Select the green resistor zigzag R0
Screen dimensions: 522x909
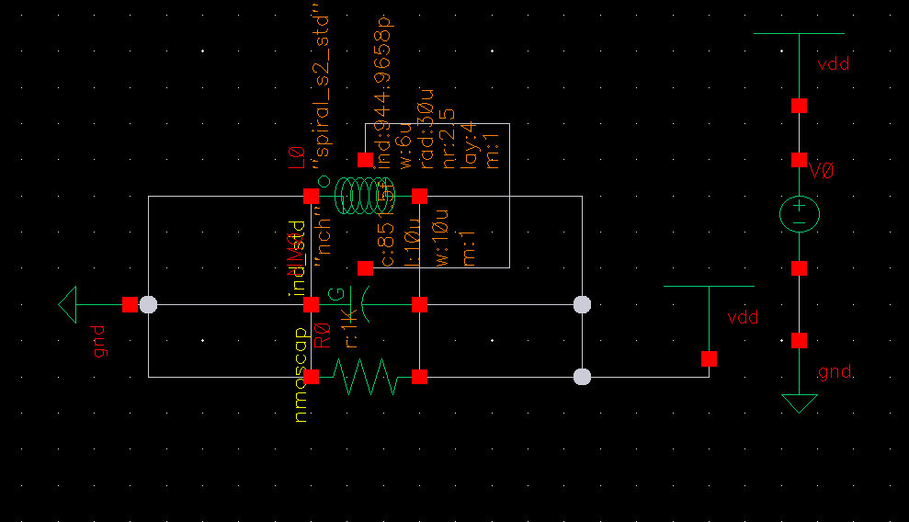pyautogui.click(x=365, y=377)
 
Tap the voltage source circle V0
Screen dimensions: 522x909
pyautogui.click(x=799, y=214)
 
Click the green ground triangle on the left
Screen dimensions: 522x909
pyautogui.click(x=67, y=304)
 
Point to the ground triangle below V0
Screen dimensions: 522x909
pyautogui.click(x=799, y=403)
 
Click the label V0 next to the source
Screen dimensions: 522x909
pyautogui.click(x=822, y=170)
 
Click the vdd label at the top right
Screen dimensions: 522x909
pyautogui.click(x=833, y=64)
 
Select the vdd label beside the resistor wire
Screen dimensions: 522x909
pyautogui.click(x=743, y=318)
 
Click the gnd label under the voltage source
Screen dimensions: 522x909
pyautogui.click(x=835, y=372)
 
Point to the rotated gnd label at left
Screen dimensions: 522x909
pyautogui.click(x=100, y=341)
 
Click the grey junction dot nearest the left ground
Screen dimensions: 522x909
pyautogui.click(x=148, y=304)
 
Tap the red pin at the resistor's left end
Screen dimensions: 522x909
pyautogui.click(x=312, y=376)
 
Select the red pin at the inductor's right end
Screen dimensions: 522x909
pyautogui.click(x=420, y=196)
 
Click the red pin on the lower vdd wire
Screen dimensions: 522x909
pyautogui.click(x=709, y=358)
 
